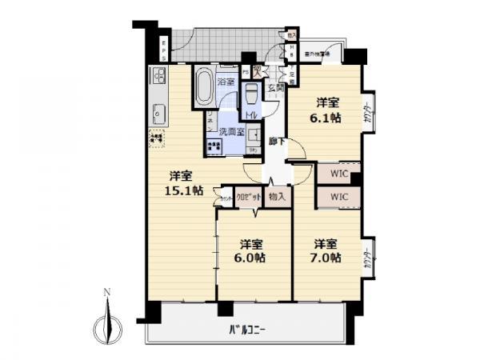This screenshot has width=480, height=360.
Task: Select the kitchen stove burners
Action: (x=158, y=78)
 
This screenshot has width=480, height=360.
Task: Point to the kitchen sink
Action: (x=158, y=113)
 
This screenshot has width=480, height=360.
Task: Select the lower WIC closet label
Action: (x=339, y=195)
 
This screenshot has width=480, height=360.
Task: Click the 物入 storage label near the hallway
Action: (x=277, y=196)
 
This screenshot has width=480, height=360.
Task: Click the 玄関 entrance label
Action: (x=276, y=87)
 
